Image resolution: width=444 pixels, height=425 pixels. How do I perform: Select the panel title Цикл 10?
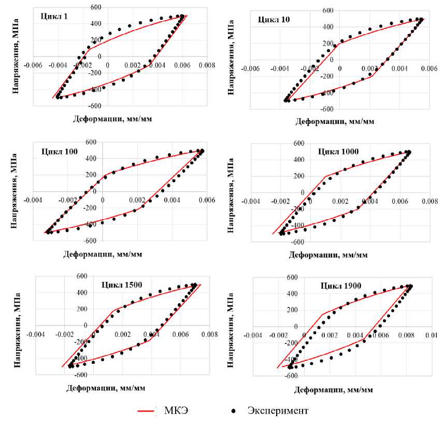coord(275,20)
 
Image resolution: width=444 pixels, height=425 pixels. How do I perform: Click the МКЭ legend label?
coord(188,411)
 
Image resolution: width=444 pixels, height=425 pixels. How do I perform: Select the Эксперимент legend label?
coord(278,411)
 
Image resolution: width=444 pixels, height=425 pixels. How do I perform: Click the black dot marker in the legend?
coord(234,412)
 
